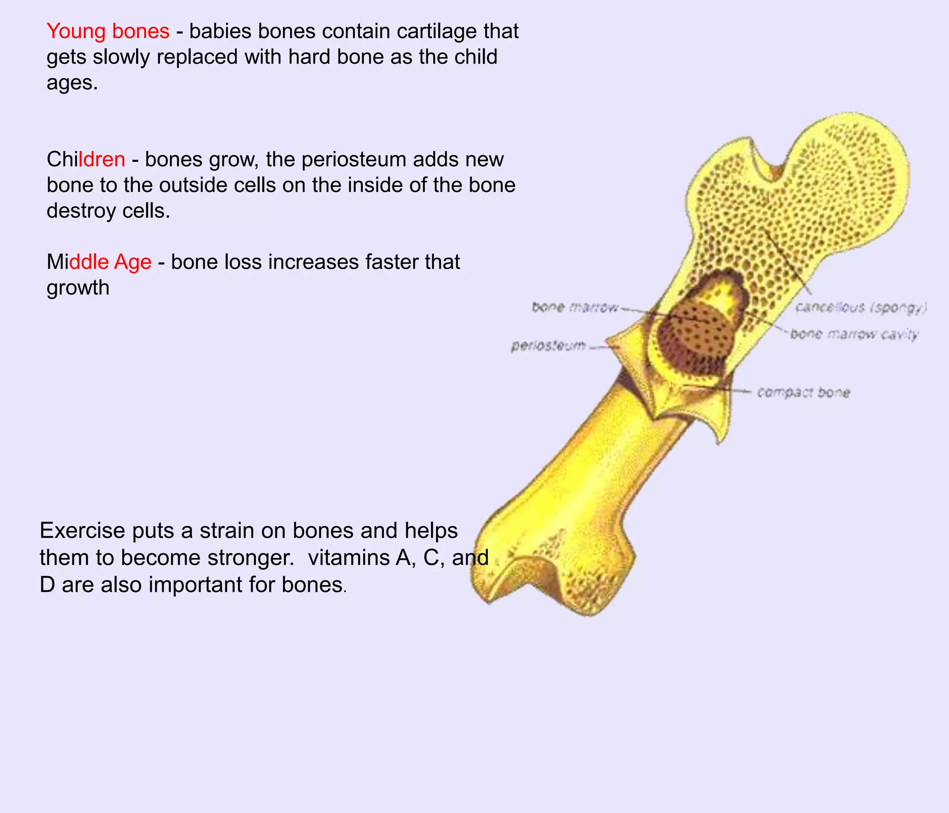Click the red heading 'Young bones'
click(108, 32)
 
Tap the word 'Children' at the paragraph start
click(86, 160)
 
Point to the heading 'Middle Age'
click(99, 262)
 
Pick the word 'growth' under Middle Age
click(78, 288)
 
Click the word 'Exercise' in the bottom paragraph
click(82, 531)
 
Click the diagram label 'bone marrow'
click(575, 307)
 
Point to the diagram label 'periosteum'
click(548, 346)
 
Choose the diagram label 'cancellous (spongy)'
click(861, 307)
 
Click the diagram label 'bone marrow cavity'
click(854, 334)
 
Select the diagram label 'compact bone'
click(803, 393)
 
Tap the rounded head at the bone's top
click(853, 172)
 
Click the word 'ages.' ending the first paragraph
click(72, 83)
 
